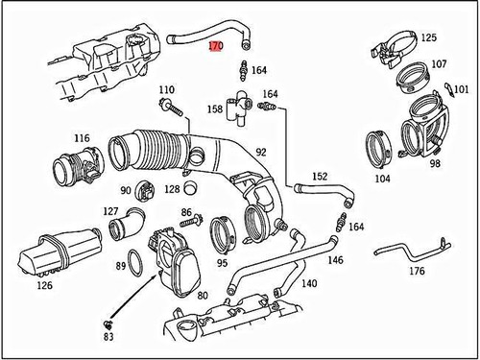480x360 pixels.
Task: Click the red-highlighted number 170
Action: (216, 45)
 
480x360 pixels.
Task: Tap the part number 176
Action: (417, 273)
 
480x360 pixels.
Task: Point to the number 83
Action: (108, 338)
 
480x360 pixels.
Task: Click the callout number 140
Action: (309, 284)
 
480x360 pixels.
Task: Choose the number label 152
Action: (320, 176)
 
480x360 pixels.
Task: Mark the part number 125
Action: (428, 37)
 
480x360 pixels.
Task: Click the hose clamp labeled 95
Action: (222, 233)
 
